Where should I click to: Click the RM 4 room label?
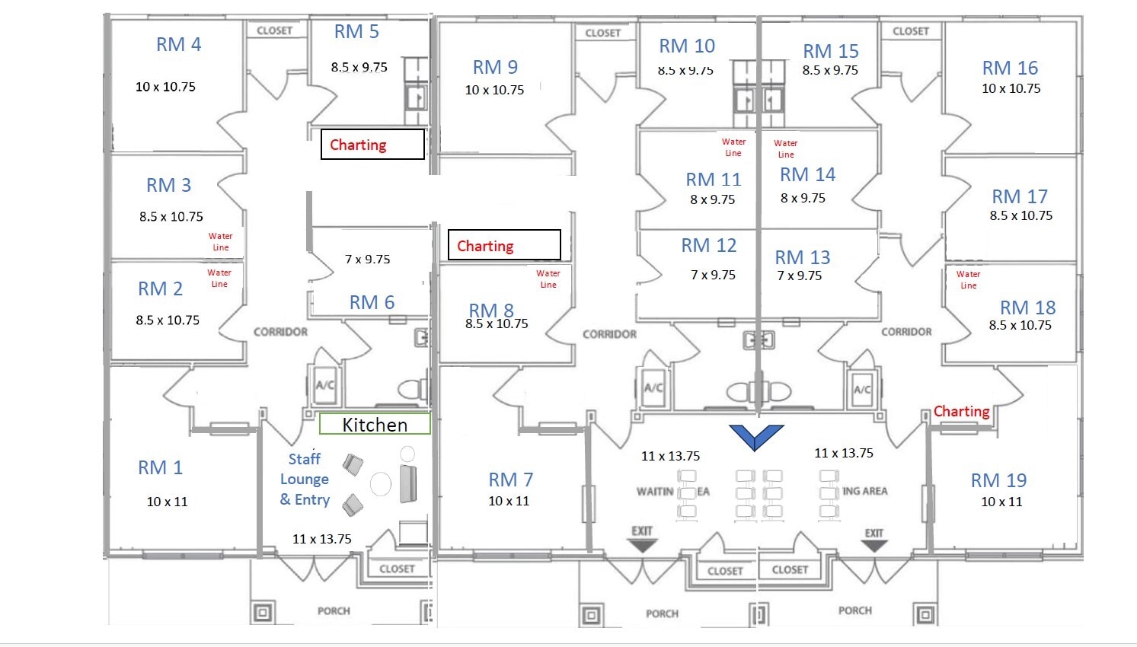coord(178,45)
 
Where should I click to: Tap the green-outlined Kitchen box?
coord(375,425)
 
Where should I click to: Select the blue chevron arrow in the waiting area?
coord(756,437)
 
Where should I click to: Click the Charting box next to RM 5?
coord(372,145)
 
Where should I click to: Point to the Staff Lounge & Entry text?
coord(305,480)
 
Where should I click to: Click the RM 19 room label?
coord(998,480)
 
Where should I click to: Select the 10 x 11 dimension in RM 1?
coord(167,502)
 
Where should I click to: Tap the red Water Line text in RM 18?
coord(968,280)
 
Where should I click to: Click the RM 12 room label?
coord(708,246)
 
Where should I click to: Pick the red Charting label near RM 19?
coord(961,412)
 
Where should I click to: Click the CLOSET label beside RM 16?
coord(911,31)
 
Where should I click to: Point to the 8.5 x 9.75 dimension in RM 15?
coord(829,70)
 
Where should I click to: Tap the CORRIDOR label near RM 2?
coord(280,332)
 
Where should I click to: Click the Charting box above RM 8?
coord(504,245)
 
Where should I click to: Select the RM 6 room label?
coord(372,303)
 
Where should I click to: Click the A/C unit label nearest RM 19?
coord(862,390)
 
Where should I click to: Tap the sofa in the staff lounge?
coord(408,484)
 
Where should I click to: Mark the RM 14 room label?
coord(807,175)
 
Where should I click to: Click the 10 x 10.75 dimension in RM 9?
coord(494,90)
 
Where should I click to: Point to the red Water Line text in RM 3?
coord(220,242)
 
